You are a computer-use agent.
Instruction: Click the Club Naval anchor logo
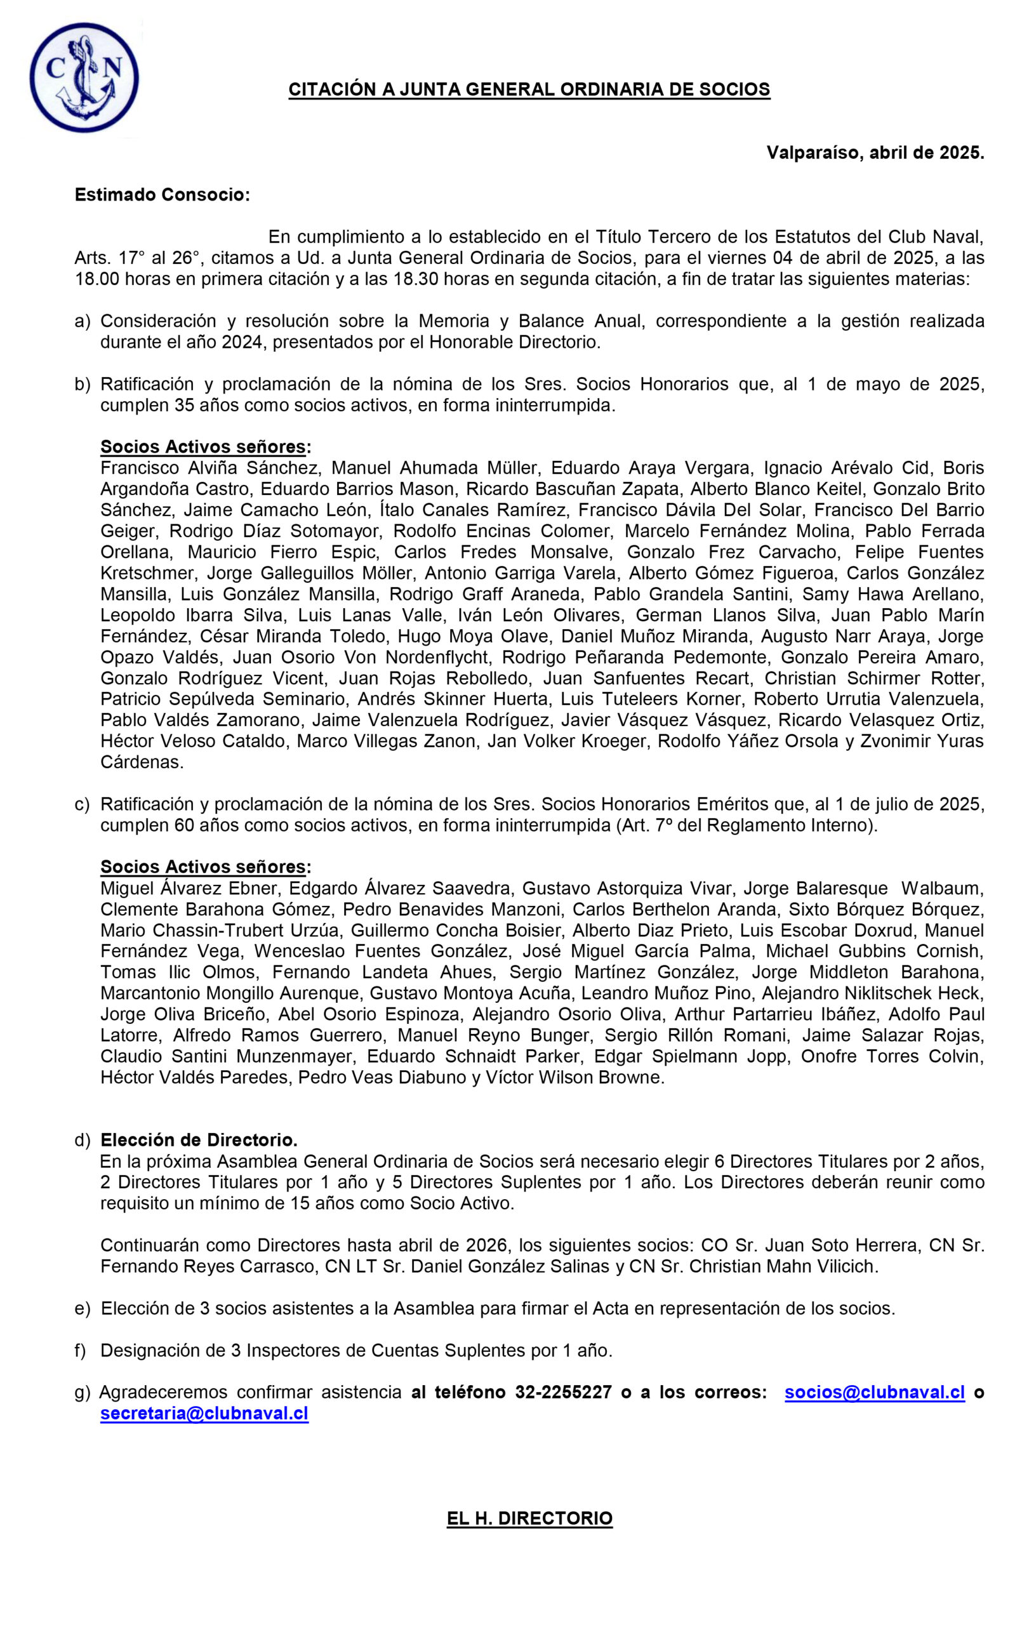coord(84,77)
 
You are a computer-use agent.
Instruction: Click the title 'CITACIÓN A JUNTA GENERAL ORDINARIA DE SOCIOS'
coord(529,90)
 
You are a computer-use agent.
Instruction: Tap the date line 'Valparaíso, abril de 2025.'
coord(875,153)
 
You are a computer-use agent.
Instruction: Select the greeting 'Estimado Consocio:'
coord(162,195)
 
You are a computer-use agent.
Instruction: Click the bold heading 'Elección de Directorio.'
coord(199,1140)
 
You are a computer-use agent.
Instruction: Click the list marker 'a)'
coord(82,321)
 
